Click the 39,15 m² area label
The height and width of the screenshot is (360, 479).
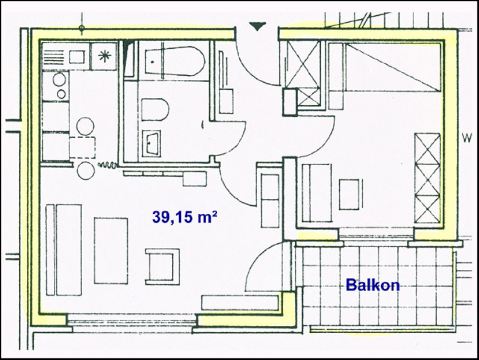(185, 217)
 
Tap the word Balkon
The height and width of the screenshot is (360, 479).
(373, 285)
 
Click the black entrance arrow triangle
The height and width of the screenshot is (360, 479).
(258, 26)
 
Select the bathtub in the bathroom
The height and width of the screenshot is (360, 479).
(175, 61)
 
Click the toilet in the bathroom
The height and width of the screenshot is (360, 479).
(155, 109)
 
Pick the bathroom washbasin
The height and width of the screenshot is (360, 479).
(151, 144)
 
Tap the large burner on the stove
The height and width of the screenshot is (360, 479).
(59, 79)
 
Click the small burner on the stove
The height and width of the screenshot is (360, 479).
(61, 94)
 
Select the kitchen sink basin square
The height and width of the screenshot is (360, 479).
(77, 57)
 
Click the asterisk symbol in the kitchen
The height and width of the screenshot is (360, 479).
(105, 56)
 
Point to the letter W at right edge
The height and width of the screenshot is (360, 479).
(467, 138)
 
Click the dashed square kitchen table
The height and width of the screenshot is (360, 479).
(82, 148)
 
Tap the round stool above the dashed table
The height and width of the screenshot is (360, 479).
(85, 126)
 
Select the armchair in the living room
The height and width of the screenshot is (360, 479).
(162, 266)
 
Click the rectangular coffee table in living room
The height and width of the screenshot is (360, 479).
(111, 251)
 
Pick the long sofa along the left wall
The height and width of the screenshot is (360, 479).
(64, 250)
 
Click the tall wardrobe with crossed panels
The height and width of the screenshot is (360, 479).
(427, 178)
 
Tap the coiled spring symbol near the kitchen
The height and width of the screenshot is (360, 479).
(107, 165)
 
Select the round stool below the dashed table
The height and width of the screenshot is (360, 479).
(86, 171)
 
